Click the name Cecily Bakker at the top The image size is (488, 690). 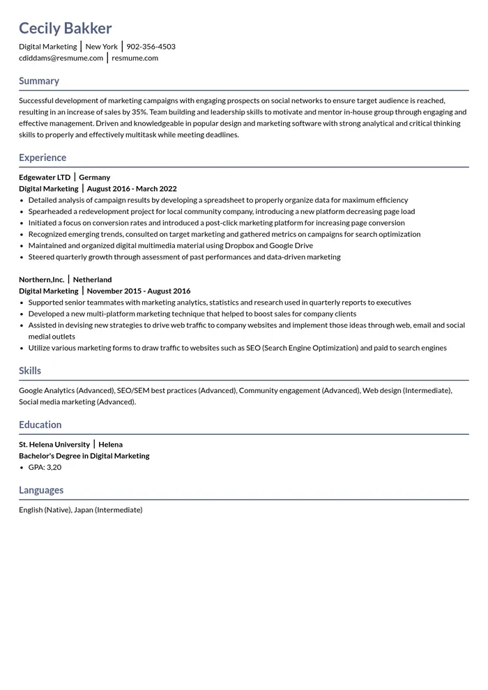(65, 29)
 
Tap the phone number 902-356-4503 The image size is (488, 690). (151, 47)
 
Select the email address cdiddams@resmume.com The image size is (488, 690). (61, 58)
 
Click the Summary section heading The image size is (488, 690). (39, 81)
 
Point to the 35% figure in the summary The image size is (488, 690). (139, 112)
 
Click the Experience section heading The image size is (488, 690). (43, 158)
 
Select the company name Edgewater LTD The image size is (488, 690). (45, 177)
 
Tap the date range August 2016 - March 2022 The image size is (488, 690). (132, 188)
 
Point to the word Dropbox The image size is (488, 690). (239, 245)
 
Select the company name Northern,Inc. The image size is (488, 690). (42, 279)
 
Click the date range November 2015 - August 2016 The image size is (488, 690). (139, 291)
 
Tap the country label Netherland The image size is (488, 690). (92, 279)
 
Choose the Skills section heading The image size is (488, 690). (30, 371)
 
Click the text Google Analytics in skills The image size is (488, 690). (46, 390)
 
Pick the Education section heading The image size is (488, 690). (40, 424)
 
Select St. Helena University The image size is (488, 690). (54, 444)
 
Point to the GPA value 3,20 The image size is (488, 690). (54, 467)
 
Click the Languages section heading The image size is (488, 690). (41, 490)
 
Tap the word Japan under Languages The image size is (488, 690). (83, 509)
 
